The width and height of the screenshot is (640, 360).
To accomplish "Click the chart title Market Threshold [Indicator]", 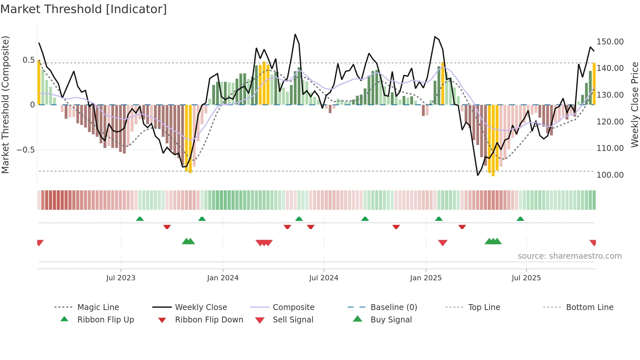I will point(84,9).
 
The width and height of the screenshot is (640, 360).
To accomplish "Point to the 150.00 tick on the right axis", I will point(610,42).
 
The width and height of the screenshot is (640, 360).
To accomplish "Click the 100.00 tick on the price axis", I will point(610,175).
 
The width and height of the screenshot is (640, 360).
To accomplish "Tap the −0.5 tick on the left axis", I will point(25,150).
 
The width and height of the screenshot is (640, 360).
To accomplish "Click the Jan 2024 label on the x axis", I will point(223,278).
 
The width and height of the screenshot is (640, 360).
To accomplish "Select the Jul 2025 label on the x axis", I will point(526,278).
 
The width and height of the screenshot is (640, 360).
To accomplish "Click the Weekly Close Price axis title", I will point(634,105).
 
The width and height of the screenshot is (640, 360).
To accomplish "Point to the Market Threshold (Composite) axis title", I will point(5,105).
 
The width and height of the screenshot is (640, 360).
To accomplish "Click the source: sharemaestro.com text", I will point(569,256).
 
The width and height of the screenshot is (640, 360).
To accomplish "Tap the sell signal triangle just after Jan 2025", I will point(442,243).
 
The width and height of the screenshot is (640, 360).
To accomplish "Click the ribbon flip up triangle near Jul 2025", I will point(520,219).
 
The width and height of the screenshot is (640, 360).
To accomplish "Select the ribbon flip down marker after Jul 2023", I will point(167,227).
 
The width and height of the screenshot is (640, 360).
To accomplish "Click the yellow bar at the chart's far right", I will point(594,84).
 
